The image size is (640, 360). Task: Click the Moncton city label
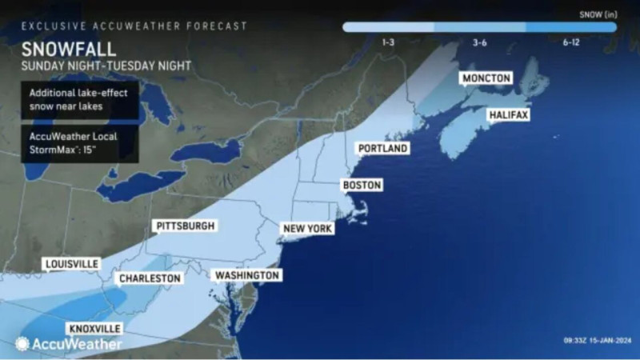[x=485, y=78]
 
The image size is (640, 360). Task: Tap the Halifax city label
[x=509, y=115]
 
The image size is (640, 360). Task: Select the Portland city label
[x=382, y=149]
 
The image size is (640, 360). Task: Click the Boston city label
[x=361, y=186]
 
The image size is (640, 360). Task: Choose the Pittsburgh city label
[x=186, y=226]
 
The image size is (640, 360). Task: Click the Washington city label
[x=247, y=275]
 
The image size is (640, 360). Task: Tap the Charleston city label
[x=149, y=278]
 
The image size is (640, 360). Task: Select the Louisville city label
[x=72, y=263]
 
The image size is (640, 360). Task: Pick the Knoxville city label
[x=95, y=329]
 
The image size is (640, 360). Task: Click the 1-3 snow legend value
[x=388, y=42]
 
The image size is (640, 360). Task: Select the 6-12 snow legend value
[x=570, y=42]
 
